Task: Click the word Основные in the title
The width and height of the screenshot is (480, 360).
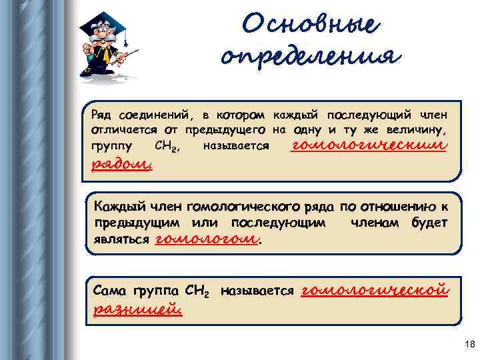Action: pyautogui.click(x=311, y=25)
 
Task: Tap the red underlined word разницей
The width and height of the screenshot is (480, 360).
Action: pyautogui.click(x=138, y=309)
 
